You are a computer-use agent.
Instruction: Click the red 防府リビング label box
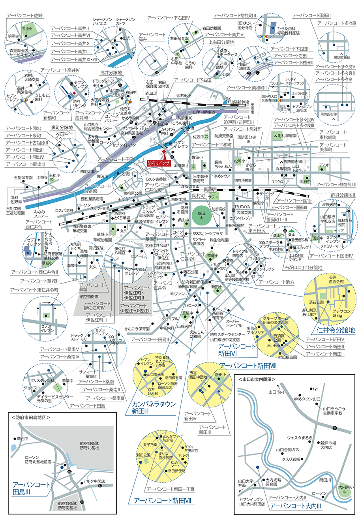158,163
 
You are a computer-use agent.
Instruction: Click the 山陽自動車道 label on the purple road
201,113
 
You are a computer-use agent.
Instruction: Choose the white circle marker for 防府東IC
174,118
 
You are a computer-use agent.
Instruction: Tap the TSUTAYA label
242,207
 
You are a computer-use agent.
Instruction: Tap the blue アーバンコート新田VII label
162,501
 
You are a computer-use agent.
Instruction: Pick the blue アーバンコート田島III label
31,488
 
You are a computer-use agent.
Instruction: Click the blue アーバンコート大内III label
296,506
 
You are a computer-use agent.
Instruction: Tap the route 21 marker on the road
335,428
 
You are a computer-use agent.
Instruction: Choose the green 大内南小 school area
345,488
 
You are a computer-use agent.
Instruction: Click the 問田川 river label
324,480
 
